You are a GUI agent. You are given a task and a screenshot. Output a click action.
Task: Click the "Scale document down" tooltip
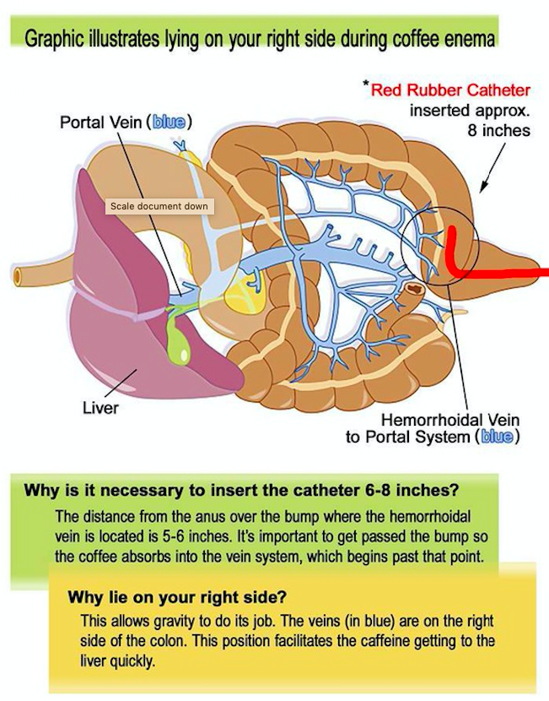click(x=159, y=206)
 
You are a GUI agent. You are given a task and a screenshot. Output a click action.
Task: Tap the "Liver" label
click(x=100, y=408)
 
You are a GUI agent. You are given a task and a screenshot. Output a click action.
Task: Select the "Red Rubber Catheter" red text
click(x=450, y=90)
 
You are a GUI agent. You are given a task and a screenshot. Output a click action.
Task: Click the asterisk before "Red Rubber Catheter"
click(x=365, y=84)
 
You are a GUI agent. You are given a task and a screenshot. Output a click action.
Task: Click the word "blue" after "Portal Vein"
click(x=169, y=122)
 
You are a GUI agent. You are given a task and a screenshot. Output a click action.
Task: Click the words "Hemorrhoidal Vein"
click(x=450, y=420)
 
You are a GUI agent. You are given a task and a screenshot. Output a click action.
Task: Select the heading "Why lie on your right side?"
click(x=177, y=596)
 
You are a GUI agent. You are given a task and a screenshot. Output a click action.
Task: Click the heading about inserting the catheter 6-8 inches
click(x=241, y=490)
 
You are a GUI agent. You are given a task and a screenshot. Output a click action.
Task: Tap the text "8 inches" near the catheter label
click(x=498, y=131)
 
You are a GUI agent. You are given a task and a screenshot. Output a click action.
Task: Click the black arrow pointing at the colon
click(x=492, y=168)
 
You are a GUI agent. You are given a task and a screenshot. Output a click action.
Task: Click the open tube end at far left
click(x=17, y=277)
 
